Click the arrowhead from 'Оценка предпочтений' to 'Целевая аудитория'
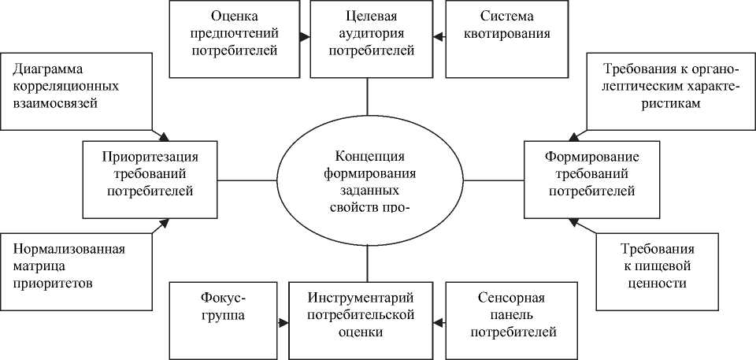coord(303,37)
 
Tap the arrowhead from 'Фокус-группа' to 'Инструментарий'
coord(284,321)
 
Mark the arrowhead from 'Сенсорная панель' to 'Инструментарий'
coord(439,321)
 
